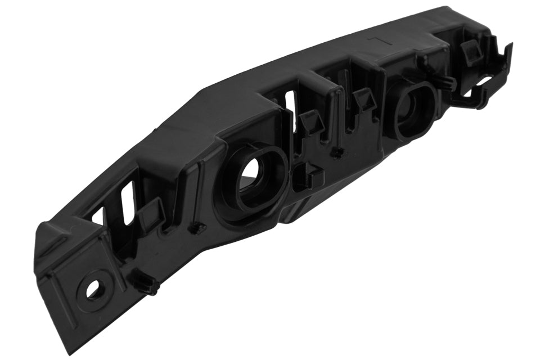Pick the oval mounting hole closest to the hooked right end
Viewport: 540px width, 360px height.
click(x=415, y=107)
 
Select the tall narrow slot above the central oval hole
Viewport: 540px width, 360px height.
click(x=291, y=112)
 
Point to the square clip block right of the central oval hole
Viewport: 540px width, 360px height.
click(x=309, y=175)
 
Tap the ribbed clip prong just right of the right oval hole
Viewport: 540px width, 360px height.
click(x=445, y=84)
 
